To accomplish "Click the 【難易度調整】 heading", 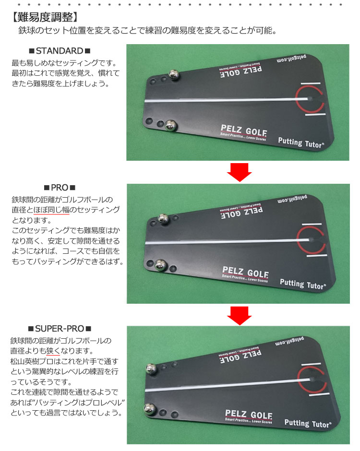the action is [45, 17].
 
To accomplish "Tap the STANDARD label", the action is [60, 51].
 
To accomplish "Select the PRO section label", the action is [60, 188].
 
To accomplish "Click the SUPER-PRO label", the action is [60, 329].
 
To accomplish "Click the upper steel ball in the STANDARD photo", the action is [174, 75].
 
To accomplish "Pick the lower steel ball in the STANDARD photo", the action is [170, 126].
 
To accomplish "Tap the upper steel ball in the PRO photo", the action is [164, 219].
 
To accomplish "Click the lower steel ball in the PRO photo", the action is [161, 265].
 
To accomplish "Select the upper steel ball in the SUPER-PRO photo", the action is [151, 369].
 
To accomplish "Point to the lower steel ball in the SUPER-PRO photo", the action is [150, 408].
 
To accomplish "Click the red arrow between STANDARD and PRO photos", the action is [239, 172].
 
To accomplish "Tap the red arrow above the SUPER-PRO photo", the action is [239, 315].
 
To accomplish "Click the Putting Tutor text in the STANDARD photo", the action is [301, 142].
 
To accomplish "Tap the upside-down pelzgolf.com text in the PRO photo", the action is [292, 199].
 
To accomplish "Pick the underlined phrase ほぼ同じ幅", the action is [51, 210].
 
